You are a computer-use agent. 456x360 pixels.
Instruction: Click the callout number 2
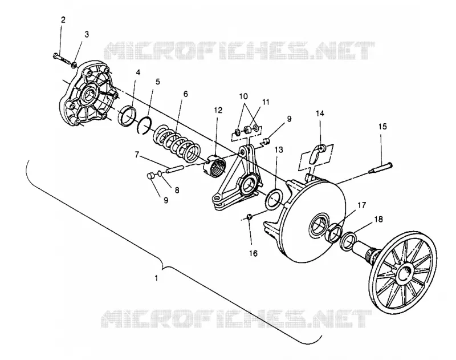(x=63, y=20)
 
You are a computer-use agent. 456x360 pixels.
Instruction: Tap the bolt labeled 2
(x=62, y=58)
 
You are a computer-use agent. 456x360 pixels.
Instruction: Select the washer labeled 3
(x=75, y=64)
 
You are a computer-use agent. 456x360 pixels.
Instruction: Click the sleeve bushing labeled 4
(x=127, y=116)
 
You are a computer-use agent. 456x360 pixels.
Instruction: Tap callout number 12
(x=218, y=110)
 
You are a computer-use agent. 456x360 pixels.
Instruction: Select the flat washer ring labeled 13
(x=274, y=199)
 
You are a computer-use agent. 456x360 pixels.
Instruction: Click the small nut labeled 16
(x=249, y=217)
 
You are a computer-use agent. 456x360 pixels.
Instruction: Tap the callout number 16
(x=253, y=253)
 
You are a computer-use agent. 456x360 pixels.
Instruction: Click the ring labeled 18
(x=348, y=241)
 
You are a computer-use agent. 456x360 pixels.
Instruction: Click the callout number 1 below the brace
(x=156, y=278)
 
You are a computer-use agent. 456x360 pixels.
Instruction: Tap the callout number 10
(x=243, y=96)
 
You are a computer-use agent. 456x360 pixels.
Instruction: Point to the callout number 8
(x=177, y=191)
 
